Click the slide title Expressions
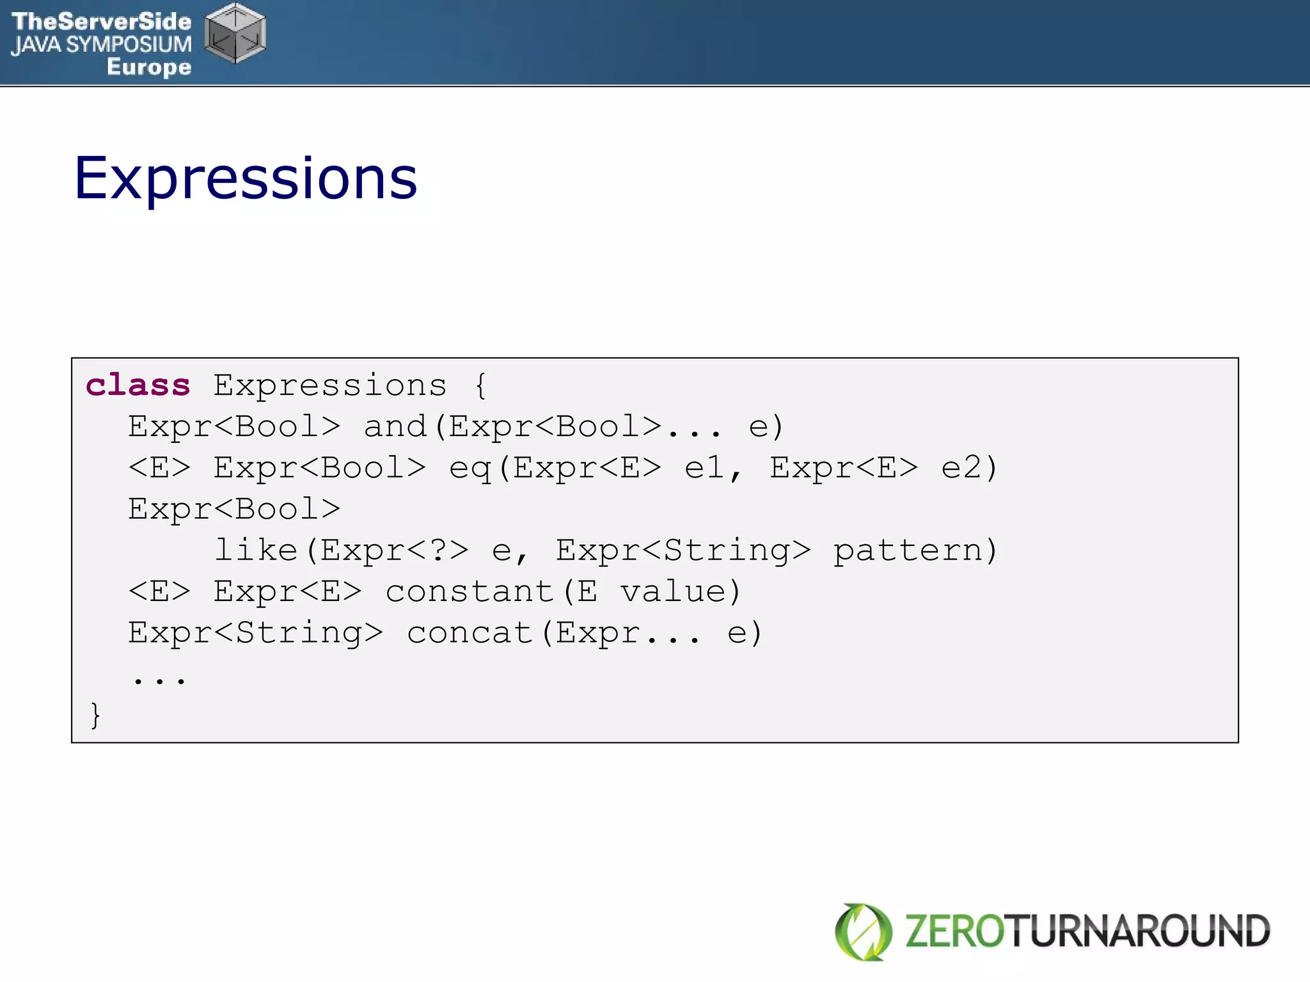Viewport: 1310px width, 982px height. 246,178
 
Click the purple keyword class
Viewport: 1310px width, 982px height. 138,386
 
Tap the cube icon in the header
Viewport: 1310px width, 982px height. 235,33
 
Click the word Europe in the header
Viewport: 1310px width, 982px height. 149,66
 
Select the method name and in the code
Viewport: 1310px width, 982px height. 395,426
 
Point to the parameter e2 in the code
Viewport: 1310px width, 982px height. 961,467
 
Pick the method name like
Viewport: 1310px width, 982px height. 256,550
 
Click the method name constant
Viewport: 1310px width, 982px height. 470,591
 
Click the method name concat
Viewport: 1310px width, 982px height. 470,633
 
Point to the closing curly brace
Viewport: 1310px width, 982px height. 95,715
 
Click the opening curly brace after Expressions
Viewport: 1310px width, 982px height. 480,386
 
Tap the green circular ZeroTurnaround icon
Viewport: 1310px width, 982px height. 863,931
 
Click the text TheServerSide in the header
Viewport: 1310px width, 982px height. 101,21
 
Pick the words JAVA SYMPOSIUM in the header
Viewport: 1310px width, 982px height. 101,44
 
